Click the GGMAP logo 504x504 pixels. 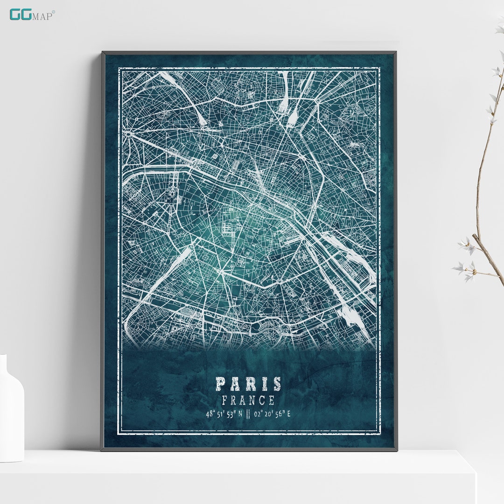tap(32, 14)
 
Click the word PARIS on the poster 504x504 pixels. tap(248, 384)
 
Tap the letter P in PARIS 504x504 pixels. tap(221, 384)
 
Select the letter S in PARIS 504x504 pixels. tap(277, 384)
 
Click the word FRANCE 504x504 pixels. tap(248, 400)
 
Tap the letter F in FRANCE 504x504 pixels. tap(225, 400)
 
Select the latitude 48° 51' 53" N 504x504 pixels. tap(224, 413)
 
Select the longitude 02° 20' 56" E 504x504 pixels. tap(272, 413)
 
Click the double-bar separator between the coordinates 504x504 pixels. tap(248, 413)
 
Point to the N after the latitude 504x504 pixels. tap(240, 413)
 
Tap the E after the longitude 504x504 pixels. tap(289, 413)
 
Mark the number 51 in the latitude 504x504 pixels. tap(219, 413)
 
